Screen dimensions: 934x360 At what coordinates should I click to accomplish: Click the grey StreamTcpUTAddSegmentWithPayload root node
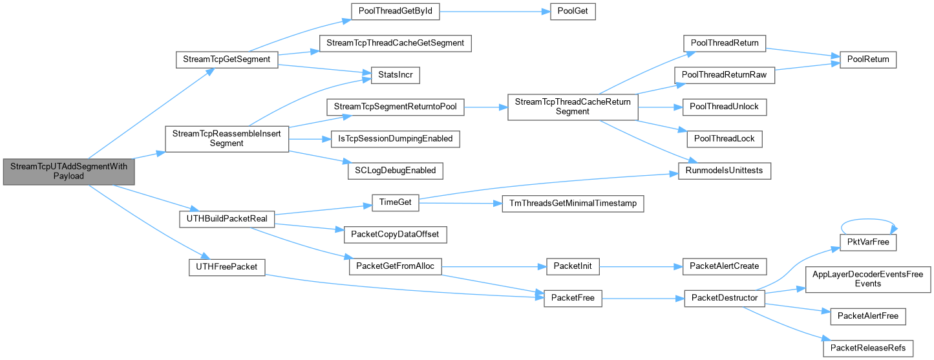[69, 171]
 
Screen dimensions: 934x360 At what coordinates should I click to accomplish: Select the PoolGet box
[573, 11]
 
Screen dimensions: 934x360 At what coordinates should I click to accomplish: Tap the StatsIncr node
[396, 75]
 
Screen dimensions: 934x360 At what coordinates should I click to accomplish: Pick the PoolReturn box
[867, 59]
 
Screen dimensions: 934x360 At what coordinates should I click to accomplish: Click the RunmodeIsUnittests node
[725, 171]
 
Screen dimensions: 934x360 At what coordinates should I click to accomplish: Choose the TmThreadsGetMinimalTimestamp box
[573, 204]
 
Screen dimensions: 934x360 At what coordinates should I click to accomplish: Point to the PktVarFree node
[867, 242]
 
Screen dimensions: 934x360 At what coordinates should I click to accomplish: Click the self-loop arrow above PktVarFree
[868, 219]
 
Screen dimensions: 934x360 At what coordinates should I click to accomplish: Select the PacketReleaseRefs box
[867, 348]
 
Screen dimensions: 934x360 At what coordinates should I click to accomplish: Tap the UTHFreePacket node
[227, 267]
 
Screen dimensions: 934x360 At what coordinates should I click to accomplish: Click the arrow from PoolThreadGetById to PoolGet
[495, 12]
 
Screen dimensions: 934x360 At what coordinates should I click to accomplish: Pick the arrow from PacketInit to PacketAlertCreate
[641, 266]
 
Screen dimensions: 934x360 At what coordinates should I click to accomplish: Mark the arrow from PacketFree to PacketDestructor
[643, 299]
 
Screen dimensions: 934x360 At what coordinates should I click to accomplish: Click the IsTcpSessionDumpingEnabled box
[396, 139]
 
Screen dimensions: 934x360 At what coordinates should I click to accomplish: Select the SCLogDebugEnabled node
[396, 171]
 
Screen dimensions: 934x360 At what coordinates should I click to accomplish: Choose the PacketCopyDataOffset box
[396, 235]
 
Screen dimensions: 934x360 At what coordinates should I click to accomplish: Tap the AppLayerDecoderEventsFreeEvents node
[867, 279]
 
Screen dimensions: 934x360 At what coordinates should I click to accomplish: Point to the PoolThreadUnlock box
[725, 107]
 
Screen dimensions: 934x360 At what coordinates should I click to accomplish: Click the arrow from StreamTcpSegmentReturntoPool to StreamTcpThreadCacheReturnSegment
[486, 107]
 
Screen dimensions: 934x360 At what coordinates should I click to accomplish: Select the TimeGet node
[396, 203]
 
